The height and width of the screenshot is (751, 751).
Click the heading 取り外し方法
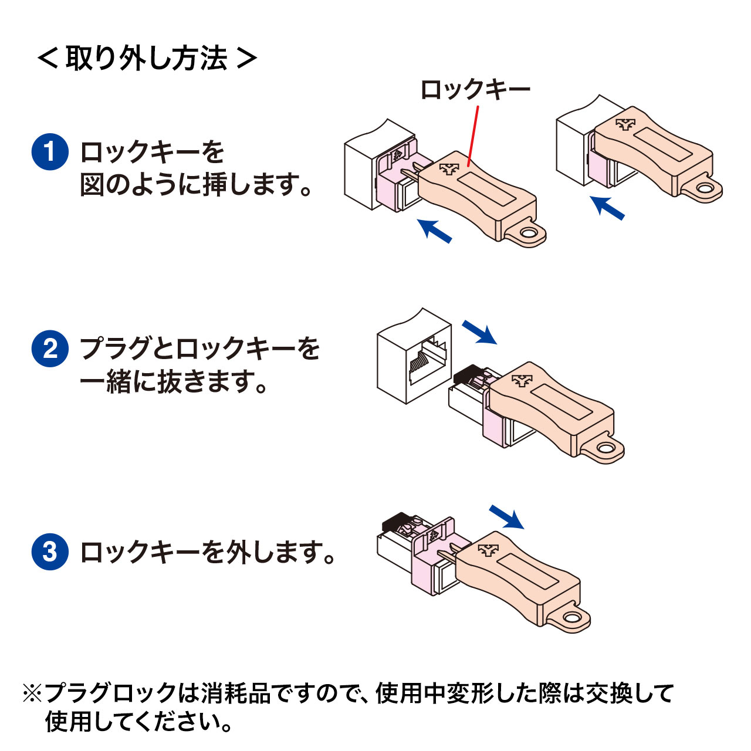[147, 58]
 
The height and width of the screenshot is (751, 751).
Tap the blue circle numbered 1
[50, 151]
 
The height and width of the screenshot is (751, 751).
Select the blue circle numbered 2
[50, 349]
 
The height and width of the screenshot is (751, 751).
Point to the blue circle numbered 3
[50, 552]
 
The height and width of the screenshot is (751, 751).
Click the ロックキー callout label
[475, 90]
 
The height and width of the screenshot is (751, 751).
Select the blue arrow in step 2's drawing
[479, 332]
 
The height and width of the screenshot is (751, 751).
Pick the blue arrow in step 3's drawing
[506, 516]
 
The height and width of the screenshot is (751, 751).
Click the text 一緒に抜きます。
[173, 382]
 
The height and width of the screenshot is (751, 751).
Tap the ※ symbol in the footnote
[32, 693]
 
